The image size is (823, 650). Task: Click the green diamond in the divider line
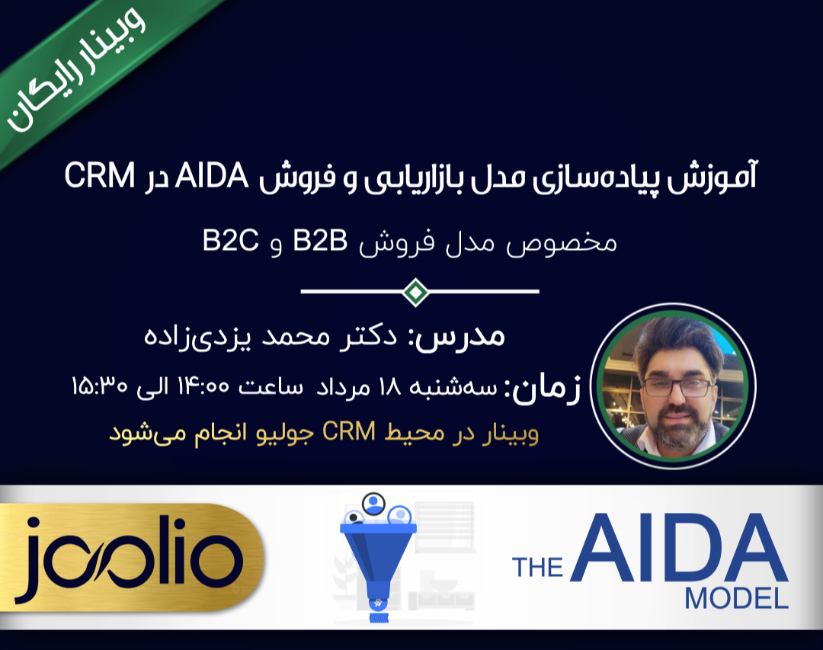[415, 291]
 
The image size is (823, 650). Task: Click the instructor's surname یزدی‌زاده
[189, 336]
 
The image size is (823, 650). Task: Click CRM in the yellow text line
[349, 433]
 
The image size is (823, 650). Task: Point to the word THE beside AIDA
[537, 567]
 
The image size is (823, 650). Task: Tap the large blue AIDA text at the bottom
[678, 547]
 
